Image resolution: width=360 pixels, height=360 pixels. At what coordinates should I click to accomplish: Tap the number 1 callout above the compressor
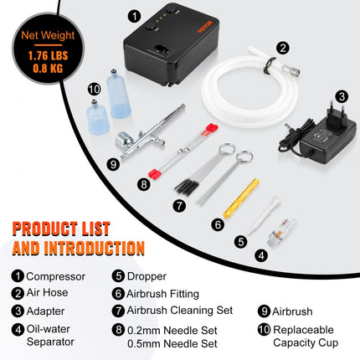pyautogui.click(x=135, y=15)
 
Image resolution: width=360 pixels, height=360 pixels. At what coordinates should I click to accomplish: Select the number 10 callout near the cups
pyautogui.click(x=93, y=88)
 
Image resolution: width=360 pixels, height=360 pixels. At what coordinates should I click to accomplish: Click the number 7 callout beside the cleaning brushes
pyautogui.click(x=178, y=204)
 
